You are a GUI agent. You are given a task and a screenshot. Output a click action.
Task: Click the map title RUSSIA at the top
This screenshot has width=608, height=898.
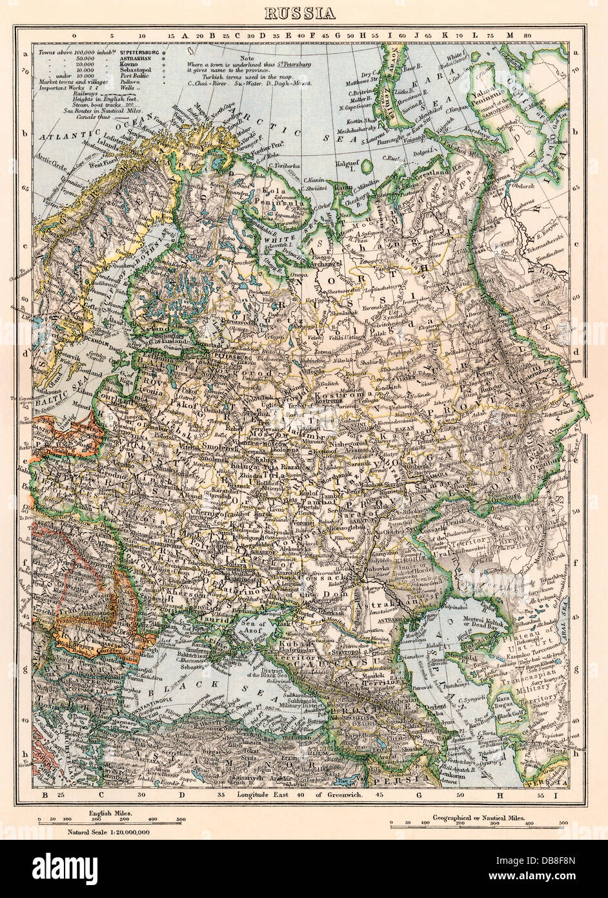(x=303, y=12)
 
